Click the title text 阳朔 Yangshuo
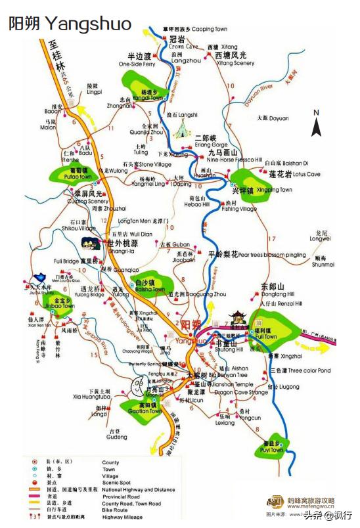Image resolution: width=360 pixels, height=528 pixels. coord(69,24)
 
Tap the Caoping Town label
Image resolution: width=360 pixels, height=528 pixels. coord(209,30)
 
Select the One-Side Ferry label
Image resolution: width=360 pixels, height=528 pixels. coord(137,64)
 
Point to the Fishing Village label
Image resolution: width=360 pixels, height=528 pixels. coord(239,209)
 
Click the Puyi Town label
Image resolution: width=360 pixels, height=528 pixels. coord(273,450)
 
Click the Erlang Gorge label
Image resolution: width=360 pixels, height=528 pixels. coord(211,144)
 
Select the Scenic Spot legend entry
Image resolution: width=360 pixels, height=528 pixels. coord(116,483)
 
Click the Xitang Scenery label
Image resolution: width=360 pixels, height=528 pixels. coord(235,63)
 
